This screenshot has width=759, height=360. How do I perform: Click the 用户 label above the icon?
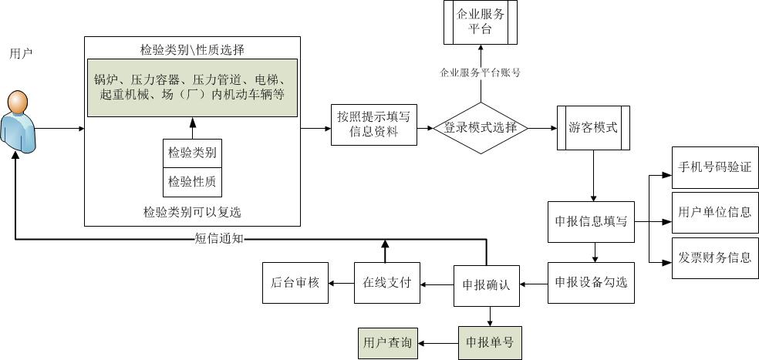21,54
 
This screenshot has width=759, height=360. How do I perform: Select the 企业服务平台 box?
480,22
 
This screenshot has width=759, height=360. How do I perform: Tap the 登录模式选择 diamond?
481,128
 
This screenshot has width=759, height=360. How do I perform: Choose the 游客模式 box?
592,128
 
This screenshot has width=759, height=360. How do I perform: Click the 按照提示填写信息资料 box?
373,124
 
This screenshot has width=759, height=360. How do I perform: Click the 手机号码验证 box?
714,167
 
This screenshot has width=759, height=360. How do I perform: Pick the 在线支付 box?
386,282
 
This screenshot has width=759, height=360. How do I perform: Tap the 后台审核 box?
295,282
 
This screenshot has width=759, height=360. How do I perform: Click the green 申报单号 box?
491,342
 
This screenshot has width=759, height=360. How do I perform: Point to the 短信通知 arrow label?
218,238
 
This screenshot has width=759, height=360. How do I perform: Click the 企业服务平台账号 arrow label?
480,73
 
